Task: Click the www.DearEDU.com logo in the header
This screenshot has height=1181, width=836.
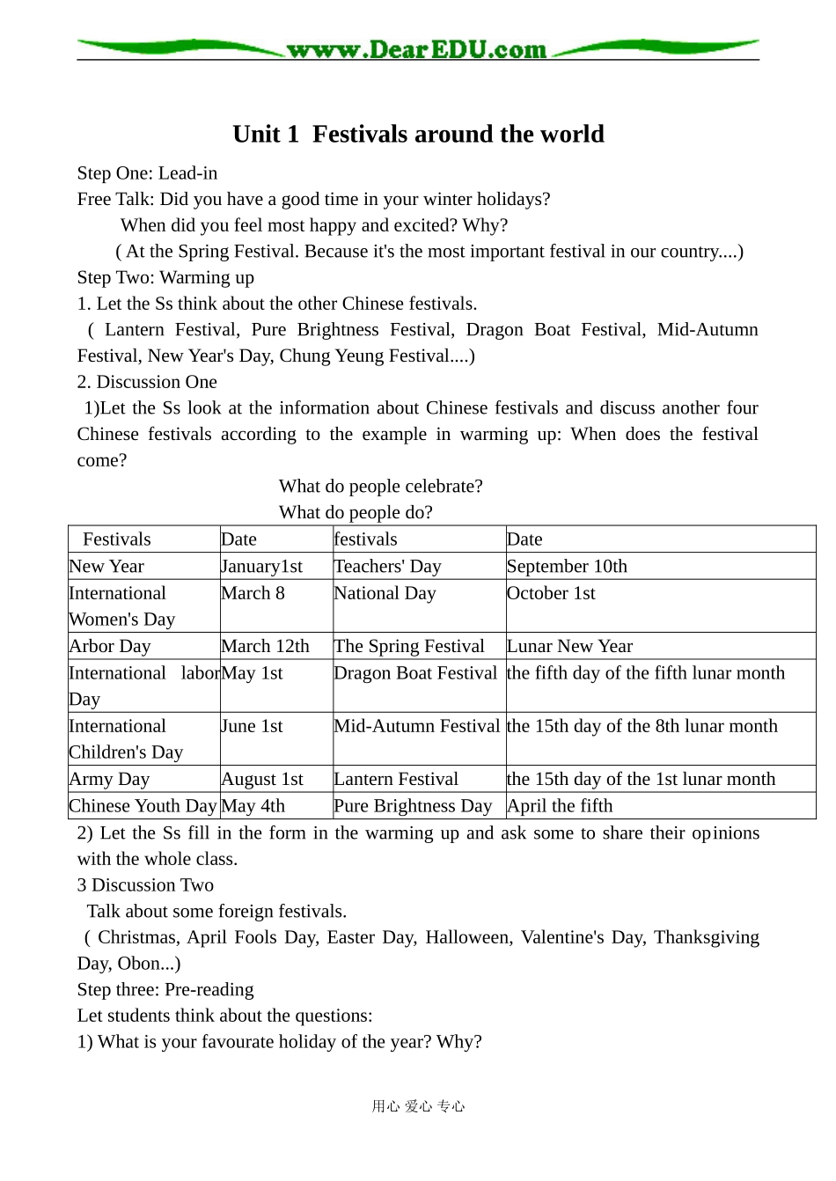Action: (416, 50)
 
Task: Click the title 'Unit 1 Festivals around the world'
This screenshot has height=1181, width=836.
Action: (418, 134)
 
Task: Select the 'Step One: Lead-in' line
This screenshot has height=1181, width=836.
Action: (147, 173)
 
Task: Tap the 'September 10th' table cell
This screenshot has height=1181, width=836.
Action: (567, 567)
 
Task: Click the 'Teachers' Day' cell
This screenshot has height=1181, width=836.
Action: (387, 567)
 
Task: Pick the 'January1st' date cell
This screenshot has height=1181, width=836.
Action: (261, 567)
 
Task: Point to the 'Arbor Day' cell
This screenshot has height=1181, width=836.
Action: (110, 646)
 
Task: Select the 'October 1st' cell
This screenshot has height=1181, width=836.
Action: (551, 593)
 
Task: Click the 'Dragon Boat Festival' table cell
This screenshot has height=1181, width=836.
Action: (415, 673)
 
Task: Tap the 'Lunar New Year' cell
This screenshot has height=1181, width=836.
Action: (569, 646)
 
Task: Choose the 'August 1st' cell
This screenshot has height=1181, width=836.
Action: (261, 780)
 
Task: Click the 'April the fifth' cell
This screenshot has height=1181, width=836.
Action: (560, 806)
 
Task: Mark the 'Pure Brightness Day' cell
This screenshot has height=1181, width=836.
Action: (413, 806)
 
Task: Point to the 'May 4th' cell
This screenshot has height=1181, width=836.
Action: (253, 806)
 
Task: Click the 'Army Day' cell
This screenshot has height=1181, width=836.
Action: (109, 780)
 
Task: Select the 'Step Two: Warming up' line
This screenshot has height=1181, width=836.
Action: (165, 278)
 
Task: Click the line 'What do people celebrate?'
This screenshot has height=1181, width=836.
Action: (380, 487)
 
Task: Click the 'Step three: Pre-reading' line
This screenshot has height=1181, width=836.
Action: (165, 990)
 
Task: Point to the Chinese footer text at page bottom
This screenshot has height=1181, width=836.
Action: (418, 1106)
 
